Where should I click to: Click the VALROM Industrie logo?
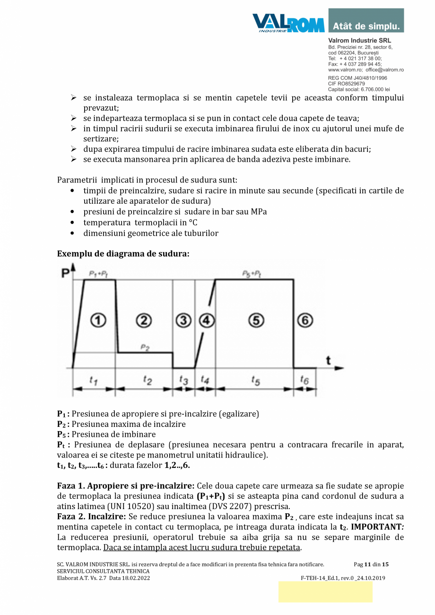pyautogui.click(x=288, y=23)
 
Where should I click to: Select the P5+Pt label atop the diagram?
pyautogui.click(x=252, y=274)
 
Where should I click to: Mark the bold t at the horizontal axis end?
pyautogui.click(x=328, y=361)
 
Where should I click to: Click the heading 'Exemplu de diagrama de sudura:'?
pyautogui.click(x=123, y=254)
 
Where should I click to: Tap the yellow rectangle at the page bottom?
pyautogui.click(x=325, y=592)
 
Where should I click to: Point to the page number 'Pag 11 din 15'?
pyautogui.click(x=371, y=564)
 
